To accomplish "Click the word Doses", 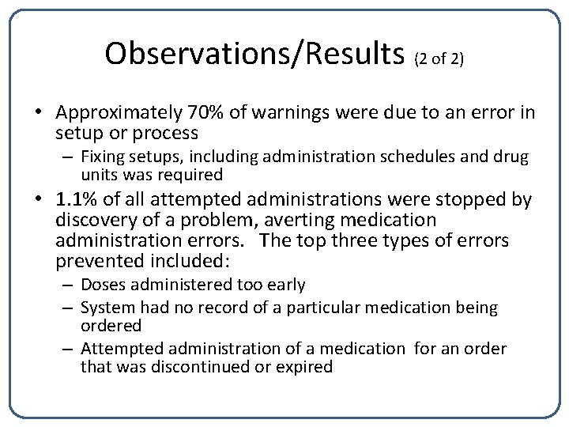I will (x=102, y=284).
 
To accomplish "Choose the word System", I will (x=107, y=308).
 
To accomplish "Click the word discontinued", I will (x=201, y=367).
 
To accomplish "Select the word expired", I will (x=304, y=367).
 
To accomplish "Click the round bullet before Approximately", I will (x=38, y=114).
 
